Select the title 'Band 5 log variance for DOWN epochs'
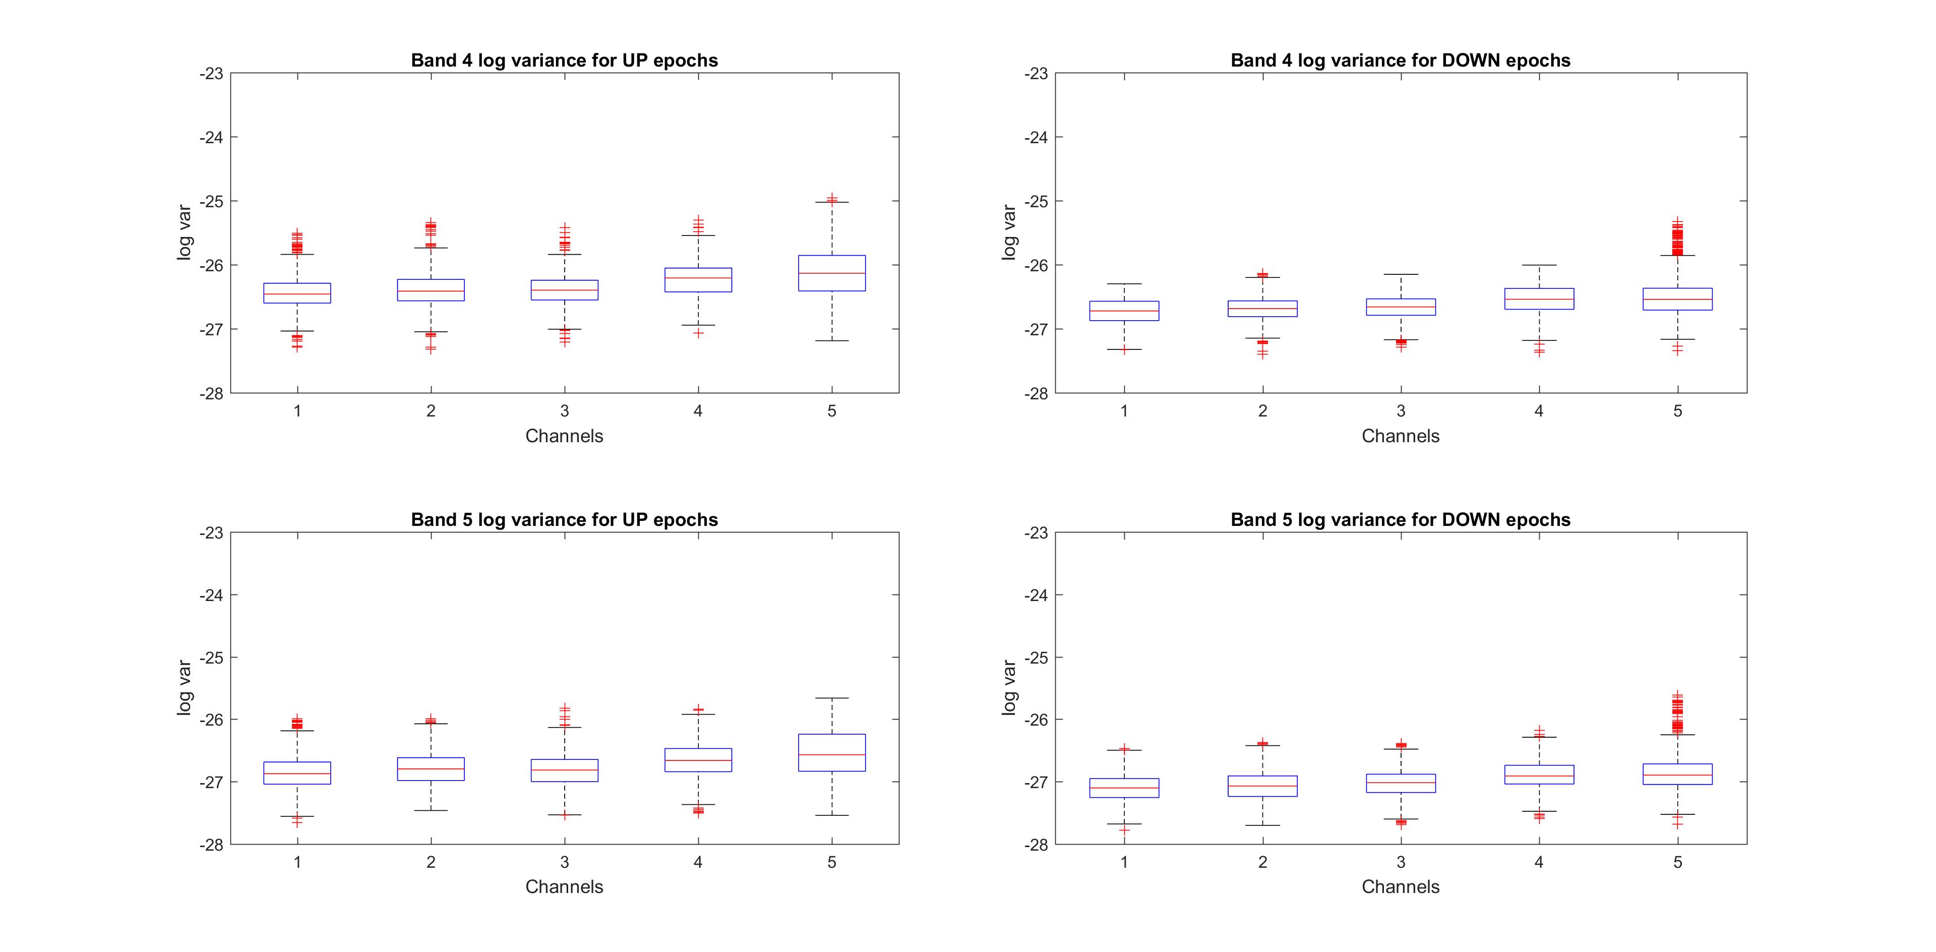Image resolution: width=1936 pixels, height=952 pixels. coord(1400,520)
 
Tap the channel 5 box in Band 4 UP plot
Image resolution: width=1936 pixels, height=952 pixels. coord(831,273)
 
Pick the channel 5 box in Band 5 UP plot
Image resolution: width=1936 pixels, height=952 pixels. coord(831,752)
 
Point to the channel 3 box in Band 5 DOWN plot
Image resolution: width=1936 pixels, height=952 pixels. coord(1401,783)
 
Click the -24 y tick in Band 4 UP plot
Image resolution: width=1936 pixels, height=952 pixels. coord(211,138)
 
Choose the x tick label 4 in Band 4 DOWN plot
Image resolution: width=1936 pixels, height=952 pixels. coord(1539,411)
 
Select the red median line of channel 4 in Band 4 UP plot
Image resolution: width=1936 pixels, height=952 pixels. coord(698,278)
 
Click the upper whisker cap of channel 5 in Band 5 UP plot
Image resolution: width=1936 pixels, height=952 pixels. coord(831,698)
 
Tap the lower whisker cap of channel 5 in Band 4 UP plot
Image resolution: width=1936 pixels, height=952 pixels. coord(831,341)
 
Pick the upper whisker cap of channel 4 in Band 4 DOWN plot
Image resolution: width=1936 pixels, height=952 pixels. coord(1539,265)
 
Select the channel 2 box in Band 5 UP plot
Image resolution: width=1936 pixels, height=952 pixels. coord(431,768)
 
